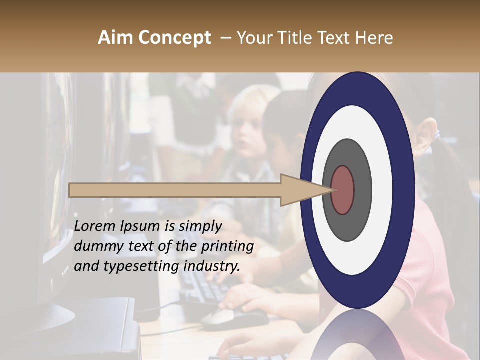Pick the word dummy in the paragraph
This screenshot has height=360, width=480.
pyautogui.click(x=95, y=246)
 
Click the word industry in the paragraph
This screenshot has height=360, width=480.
pyautogui.click(x=211, y=266)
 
